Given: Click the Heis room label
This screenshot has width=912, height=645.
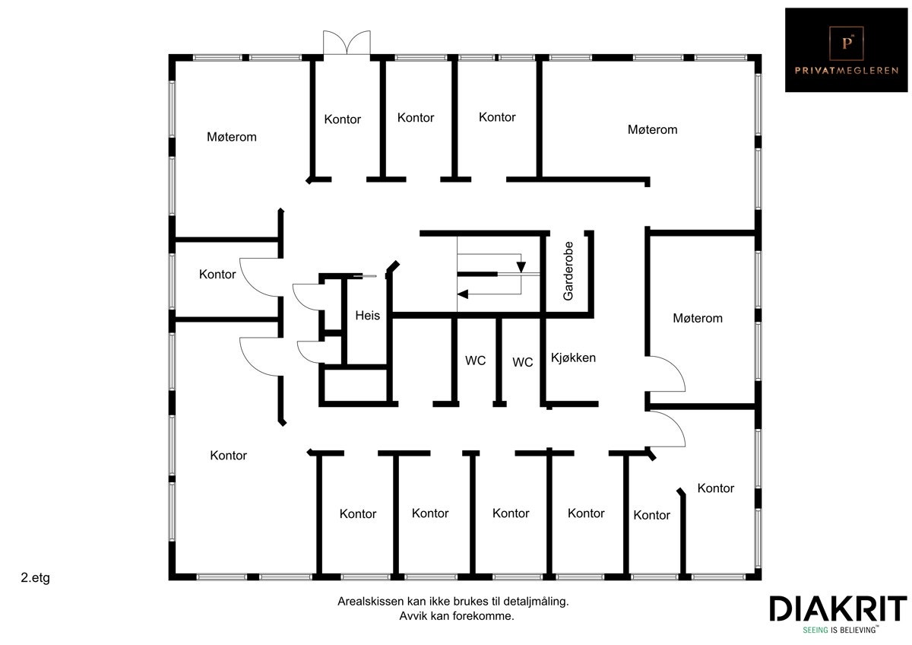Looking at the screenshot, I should click(x=367, y=316).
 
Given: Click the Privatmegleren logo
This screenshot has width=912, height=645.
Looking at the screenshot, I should click(x=846, y=49).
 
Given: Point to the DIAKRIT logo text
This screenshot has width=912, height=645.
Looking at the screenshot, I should click(x=838, y=609).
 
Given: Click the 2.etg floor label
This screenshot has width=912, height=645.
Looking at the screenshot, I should click(x=36, y=578).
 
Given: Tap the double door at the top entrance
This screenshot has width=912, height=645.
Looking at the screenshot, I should click(x=347, y=43).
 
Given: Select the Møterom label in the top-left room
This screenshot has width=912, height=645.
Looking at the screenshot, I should click(x=232, y=137).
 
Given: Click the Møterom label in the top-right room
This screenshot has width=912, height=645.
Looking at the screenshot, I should click(x=652, y=129).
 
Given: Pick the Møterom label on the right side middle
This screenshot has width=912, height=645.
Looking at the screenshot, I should click(x=698, y=318).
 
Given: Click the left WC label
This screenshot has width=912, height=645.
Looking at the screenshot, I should click(x=476, y=360).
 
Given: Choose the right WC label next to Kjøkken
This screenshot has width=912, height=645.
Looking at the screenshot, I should click(x=523, y=362).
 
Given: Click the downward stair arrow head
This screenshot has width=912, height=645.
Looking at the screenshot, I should click(x=521, y=267).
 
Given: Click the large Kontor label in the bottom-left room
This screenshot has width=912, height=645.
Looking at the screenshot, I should click(x=229, y=456).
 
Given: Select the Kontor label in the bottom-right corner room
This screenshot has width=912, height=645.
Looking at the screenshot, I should click(x=716, y=488).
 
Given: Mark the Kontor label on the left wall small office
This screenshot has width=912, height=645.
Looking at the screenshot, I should click(x=217, y=274).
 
